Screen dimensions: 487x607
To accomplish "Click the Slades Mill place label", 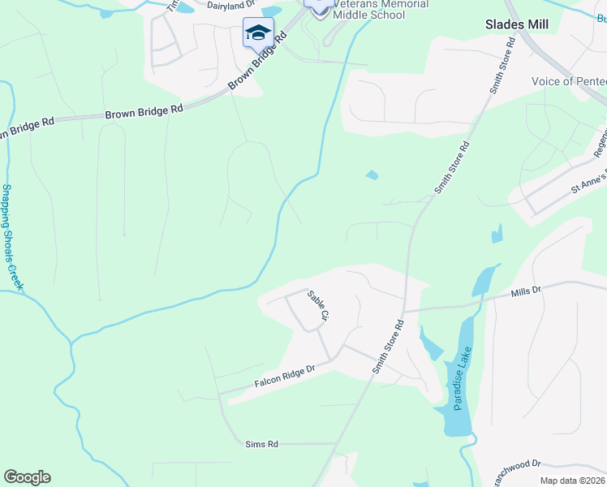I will pos(516,24).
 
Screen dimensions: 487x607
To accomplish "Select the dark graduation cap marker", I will pos(258,33).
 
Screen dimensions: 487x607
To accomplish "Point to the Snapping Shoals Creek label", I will pos(11,237).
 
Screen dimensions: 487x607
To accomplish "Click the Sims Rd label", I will pos(261,444).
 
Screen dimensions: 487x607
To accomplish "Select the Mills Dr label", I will pos(525,292).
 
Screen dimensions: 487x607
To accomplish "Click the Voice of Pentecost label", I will pos(568,81).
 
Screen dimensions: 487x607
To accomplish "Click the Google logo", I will pos(27,477).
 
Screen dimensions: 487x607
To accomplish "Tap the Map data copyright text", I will pos(573,481).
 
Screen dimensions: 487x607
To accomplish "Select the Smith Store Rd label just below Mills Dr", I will pos(388,346).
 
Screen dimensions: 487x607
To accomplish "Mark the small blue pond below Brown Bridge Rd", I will pos(372,175).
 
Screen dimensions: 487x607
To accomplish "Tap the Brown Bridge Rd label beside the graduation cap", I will pos(258,62).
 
